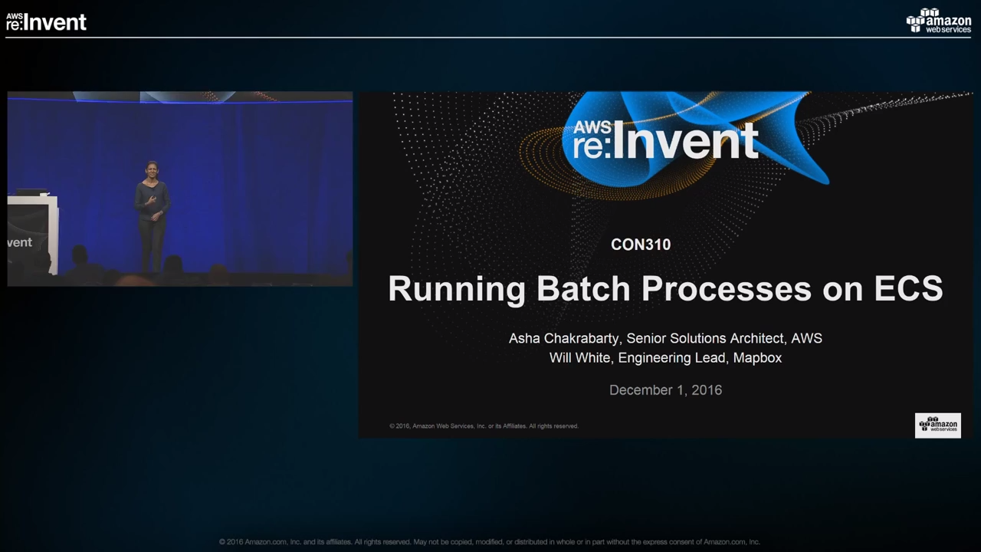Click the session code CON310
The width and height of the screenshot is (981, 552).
click(641, 245)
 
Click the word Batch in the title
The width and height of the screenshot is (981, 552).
click(583, 289)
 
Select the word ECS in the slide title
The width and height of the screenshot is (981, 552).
click(908, 289)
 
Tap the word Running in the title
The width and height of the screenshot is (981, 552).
click(457, 290)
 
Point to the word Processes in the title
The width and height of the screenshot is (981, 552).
click(727, 289)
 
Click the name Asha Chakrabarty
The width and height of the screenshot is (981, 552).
click(563, 339)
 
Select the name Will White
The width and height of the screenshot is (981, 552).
click(580, 358)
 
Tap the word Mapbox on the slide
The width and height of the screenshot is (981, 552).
click(757, 358)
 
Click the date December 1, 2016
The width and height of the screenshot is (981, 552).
click(666, 390)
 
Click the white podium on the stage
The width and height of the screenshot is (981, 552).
click(32, 235)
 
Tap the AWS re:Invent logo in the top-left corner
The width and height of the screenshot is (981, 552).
click(47, 21)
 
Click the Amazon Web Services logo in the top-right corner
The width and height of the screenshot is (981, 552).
click(939, 21)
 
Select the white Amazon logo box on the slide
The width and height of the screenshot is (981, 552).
click(937, 426)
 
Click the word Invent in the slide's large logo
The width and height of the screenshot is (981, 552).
click(685, 141)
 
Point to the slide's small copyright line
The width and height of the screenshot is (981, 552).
click(484, 426)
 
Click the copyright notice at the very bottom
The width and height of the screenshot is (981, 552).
click(489, 542)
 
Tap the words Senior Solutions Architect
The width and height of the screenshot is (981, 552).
click(704, 339)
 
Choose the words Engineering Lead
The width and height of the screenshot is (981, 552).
click(671, 358)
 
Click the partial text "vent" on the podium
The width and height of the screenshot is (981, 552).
click(20, 242)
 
